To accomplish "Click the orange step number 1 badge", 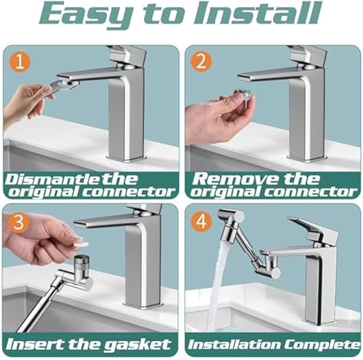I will tap(19, 62).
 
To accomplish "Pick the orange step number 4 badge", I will tap(201, 221).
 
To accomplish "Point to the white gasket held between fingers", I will tap(81, 243).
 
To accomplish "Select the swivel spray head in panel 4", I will tap(230, 219).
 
